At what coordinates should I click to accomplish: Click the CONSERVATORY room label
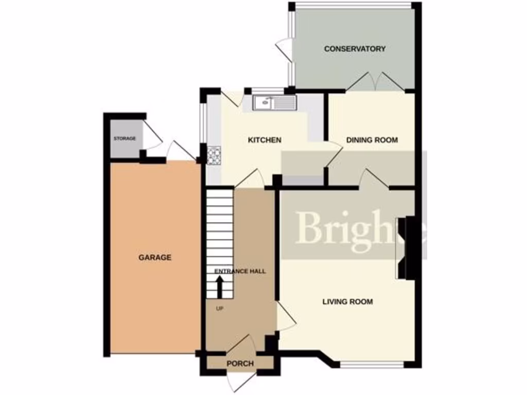(x=355, y=49)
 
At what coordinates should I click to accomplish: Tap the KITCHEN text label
(x=265, y=140)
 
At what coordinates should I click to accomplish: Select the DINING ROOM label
(x=372, y=140)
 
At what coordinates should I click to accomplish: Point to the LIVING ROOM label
(x=347, y=301)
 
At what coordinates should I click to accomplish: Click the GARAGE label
(x=154, y=257)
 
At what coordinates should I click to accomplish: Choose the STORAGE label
(x=125, y=139)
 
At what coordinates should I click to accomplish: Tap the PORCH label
(x=240, y=364)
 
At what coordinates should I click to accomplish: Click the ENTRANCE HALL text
(x=240, y=271)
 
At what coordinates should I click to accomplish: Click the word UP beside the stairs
(x=220, y=309)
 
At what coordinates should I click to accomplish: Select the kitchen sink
(x=274, y=102)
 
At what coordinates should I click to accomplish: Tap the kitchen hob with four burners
(x=214, y=154)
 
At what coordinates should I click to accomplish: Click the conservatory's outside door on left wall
(x=284, y=49)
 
